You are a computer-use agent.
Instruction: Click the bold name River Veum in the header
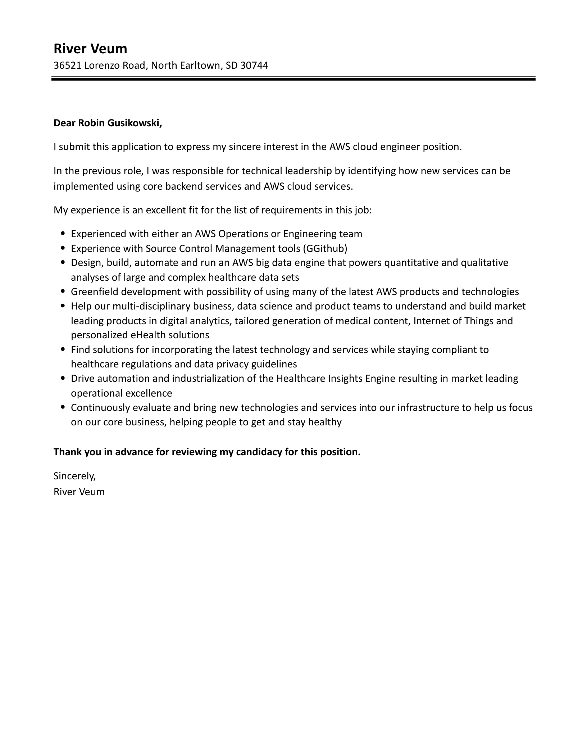90,49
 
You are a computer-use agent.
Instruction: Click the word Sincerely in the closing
74,476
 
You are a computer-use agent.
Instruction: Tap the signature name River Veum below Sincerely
79,492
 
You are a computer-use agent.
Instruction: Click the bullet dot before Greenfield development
63,291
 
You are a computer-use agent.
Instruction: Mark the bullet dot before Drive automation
63,379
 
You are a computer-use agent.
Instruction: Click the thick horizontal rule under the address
293,78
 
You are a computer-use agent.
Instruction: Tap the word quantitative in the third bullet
411,263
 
